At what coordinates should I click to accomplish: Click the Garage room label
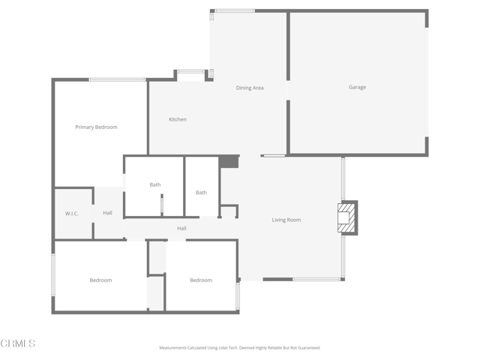357,88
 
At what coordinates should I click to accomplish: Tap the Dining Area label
250,88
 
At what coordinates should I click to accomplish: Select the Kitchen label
178,120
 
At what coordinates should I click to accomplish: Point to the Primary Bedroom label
96,127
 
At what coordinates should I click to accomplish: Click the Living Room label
286,220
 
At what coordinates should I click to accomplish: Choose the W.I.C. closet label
72,214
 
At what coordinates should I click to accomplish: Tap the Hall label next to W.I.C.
108,214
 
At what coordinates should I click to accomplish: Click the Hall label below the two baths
181,229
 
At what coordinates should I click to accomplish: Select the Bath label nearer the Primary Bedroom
155,185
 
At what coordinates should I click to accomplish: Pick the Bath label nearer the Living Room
201,193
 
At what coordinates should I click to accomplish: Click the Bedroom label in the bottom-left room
100,280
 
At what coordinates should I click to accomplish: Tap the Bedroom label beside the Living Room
200,280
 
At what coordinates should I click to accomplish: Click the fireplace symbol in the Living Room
348,217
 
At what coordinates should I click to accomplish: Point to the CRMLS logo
18,343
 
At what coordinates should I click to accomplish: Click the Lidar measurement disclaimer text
239,348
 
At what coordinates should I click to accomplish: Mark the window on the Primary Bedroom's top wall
117,79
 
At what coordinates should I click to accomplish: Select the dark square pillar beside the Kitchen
229,162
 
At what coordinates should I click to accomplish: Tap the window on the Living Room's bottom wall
316,280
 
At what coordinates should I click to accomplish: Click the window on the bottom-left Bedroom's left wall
53,274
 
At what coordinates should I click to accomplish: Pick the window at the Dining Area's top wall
234,10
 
